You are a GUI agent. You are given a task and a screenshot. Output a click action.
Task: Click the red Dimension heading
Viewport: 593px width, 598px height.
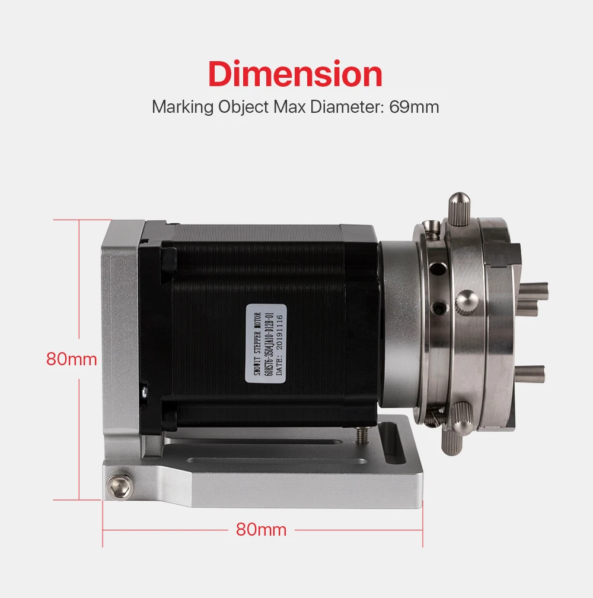point(295,75)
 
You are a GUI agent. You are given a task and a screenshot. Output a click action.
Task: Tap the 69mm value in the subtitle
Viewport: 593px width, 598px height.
point(414,107)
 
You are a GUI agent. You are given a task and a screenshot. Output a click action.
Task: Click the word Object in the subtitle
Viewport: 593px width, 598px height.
point(235,108)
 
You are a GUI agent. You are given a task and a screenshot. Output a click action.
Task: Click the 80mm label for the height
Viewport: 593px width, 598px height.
point(72,359)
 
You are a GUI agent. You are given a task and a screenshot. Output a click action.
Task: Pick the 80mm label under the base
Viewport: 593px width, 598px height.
point(261,529)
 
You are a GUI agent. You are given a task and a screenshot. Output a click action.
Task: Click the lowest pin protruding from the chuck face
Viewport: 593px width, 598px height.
point(529,374)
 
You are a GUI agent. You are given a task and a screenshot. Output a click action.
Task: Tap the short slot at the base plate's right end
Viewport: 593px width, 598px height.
point(391,451)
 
